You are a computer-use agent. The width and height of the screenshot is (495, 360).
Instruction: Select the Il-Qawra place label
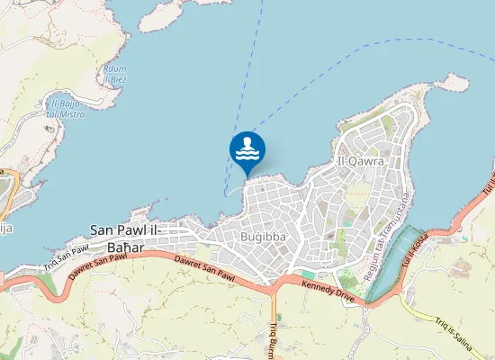point(360,161)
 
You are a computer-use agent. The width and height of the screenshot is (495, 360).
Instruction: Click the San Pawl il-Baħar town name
point(125,238)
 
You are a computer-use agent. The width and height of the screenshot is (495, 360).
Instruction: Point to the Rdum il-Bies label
point(114,75)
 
